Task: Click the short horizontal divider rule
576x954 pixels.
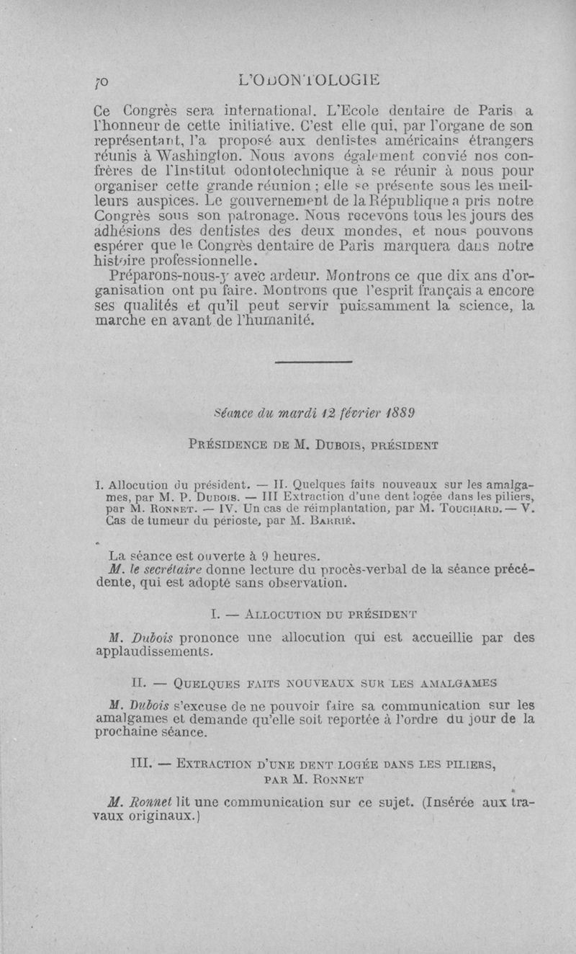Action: click(x=312, y=361)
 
